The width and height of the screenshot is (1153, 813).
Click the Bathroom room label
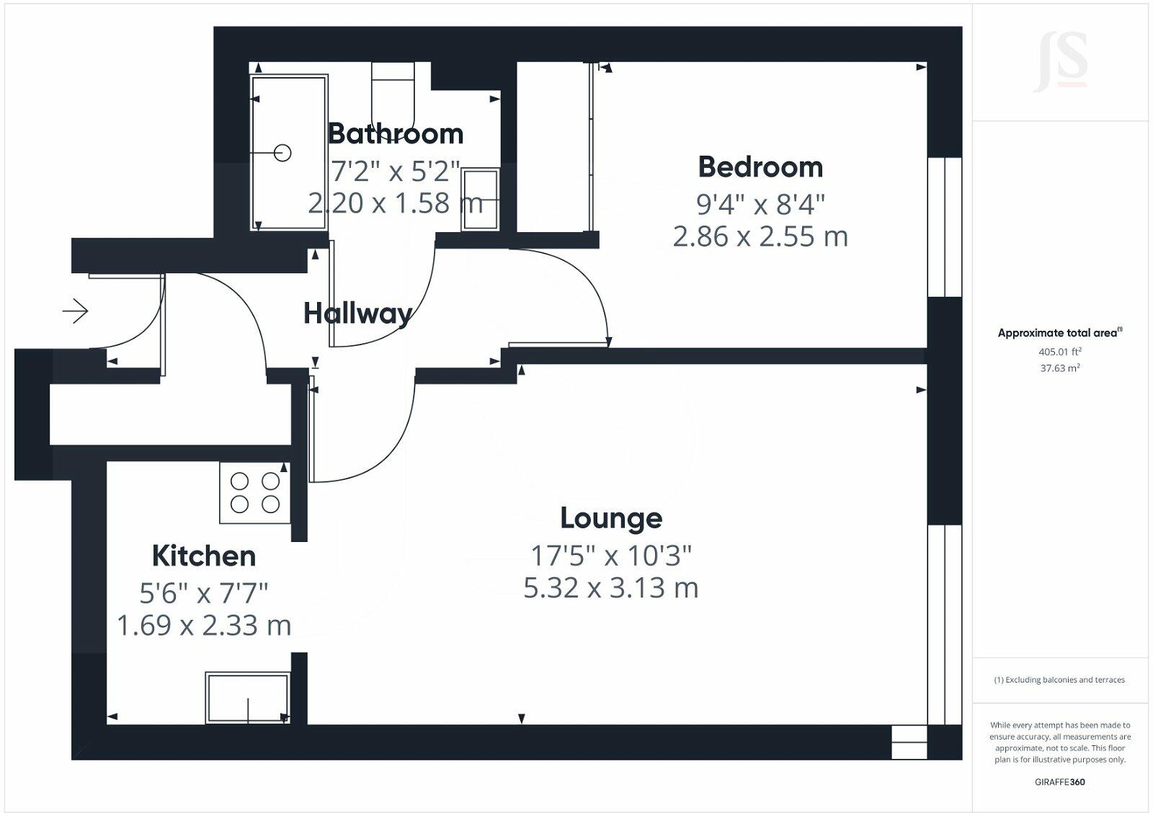click(395, 134)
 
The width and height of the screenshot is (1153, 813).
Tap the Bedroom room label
click(760, 167)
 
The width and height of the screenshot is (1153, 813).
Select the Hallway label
click(357, 314)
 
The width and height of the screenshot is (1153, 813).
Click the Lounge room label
click(611, 518)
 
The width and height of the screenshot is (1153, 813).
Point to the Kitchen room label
click(204, 556)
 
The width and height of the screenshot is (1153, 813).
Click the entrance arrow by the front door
click(75, 311)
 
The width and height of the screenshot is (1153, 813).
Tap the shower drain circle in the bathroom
click(283, 153)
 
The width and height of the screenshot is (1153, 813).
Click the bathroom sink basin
click(480, 200)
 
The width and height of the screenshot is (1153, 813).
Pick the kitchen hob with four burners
click(255, 492)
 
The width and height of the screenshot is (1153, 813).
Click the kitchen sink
click(248, 698)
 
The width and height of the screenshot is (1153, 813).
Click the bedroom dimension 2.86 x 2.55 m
click(760, 236)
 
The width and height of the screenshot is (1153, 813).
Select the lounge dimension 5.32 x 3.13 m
click(611, 588)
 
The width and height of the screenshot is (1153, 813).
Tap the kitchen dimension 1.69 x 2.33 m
click(204, 626)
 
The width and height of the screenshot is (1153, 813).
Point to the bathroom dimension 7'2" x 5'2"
click(395, 172)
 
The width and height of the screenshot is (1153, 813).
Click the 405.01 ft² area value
click(1059, 352)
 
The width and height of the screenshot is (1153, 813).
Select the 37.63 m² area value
click(1059, 368)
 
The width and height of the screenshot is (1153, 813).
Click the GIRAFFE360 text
click(1059, 782)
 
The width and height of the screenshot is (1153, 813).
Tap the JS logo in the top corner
click(1060, 63)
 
